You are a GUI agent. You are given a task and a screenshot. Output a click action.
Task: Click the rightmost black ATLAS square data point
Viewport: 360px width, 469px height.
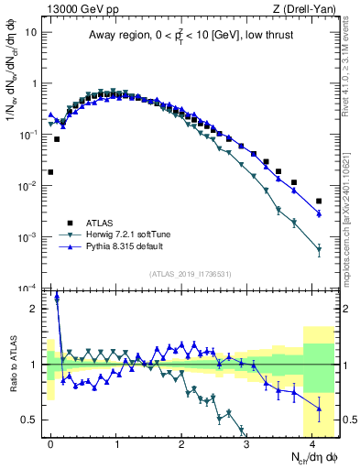(x=319, y=201)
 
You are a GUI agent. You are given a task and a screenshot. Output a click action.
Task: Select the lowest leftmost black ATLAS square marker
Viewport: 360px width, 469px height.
(x=51, y=171)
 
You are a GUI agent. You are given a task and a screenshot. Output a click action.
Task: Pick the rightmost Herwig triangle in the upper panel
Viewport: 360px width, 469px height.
(x=319, y=249)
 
